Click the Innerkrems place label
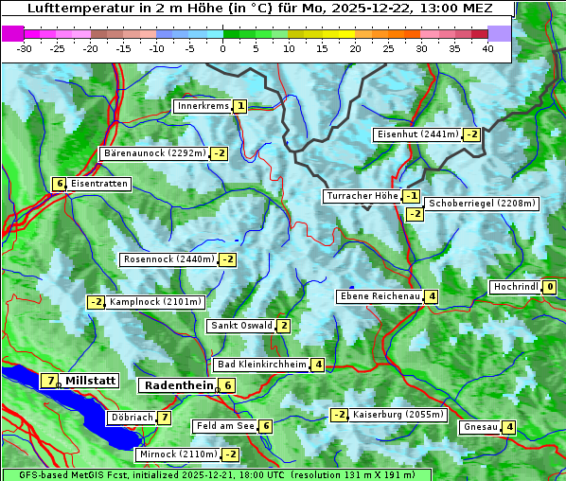coord(203,106)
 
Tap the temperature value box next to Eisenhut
coord(471,134)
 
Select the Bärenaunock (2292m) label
coord(153,152)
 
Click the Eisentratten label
coord(98,184)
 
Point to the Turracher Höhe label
coord(362,196)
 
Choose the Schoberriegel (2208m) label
coord(482,204)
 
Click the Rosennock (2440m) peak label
coord(169,259)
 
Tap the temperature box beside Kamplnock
coord(96,302)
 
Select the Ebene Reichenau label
coord(380,296)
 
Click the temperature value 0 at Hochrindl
coord(550,287)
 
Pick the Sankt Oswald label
coord(240,326)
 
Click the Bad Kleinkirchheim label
coord(262,365)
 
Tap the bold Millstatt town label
coord(91,381)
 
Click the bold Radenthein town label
coord(178,385)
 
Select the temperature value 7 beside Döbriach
coord(165,417)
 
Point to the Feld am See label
coord(225,426)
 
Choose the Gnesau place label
coord(480,427)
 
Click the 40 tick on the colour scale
coord(487,48)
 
